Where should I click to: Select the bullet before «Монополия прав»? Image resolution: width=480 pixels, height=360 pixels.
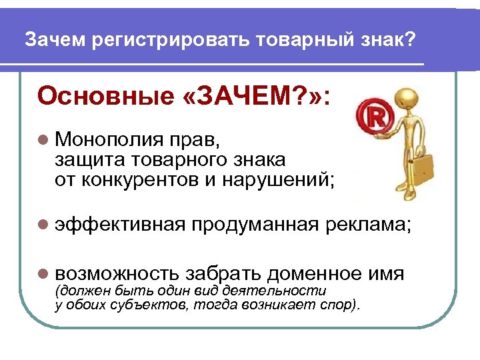[44, 141]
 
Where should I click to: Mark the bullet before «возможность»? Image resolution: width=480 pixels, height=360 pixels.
[44, 273]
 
